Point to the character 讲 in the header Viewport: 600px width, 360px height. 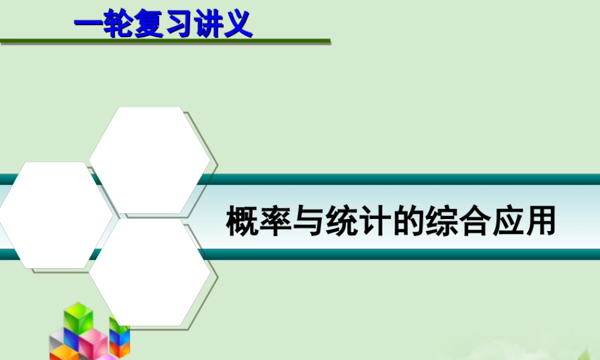(208, 25)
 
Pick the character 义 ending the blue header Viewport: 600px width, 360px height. (238, 25)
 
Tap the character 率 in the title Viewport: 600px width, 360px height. (277, 220)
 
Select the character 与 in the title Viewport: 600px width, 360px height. (310, 220)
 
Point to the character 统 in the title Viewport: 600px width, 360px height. (343, 220)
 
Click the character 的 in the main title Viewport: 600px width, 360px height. (409, 220)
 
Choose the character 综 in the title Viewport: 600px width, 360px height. (442, 220)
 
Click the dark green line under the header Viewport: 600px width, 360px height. (165, 41)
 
